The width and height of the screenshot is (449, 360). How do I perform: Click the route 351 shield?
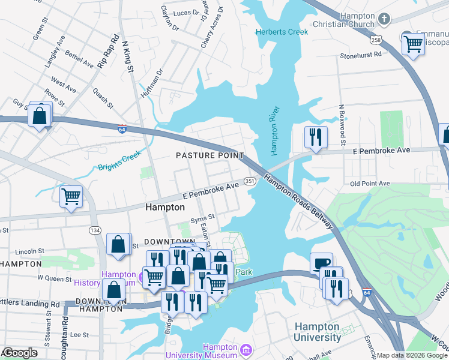(250, 181)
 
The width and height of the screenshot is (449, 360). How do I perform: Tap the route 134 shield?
(95, 230)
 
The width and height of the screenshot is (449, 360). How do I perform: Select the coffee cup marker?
(321, 262)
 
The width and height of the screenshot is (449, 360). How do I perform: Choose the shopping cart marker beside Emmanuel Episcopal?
(412, 44)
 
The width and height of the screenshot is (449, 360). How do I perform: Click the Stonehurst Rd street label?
(361, 54)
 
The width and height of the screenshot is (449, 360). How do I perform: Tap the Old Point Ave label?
(370, 184)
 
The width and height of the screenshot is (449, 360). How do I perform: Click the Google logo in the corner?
(20, 353)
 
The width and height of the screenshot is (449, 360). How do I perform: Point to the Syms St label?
(202, 218)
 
